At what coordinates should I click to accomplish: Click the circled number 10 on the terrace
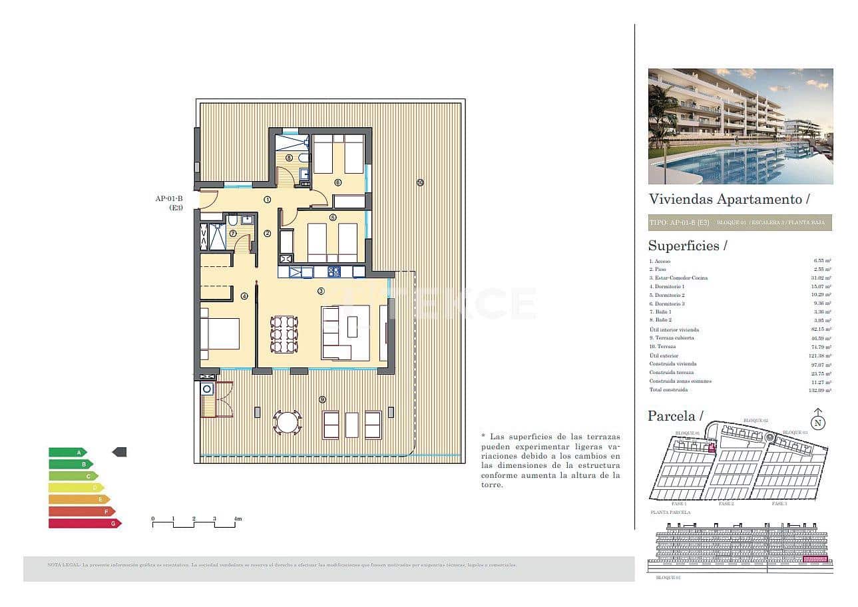click(420, 182)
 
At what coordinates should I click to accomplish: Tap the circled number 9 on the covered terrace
click(322, 399)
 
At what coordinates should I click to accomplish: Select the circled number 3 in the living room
click(321, 291)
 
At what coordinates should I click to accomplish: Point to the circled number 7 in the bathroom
click(233, 234)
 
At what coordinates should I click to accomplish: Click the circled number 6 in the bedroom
click(337, 182)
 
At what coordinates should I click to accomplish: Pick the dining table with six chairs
click(284, 334)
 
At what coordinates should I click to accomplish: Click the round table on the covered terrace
click(288, 422)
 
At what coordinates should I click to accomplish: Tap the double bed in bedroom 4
click(220, 333)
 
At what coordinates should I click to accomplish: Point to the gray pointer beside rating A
click(120, 452)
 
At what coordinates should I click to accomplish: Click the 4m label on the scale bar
click(238, 518)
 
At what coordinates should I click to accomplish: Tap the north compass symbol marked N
click(818, 422)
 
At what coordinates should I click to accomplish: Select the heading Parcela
click(675, 417)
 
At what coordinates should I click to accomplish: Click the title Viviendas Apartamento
click(729, 199)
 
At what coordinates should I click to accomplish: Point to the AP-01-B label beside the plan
click(169, 198)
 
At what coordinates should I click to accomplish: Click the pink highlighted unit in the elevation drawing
click(815, 560)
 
